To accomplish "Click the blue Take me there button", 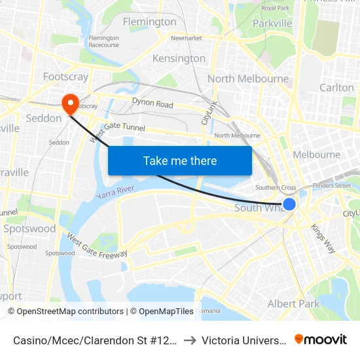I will (179, 160).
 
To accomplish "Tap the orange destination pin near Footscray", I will (69, 103).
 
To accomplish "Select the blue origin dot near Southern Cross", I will (289, 204).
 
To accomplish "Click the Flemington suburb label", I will (150, 22).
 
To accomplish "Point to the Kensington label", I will (179, 58).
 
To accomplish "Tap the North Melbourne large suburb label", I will (248, 79).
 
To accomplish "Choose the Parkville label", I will (272, 24).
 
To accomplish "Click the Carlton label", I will (336, 87).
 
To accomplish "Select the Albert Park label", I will (293, 304).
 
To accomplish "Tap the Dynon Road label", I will (153, 103).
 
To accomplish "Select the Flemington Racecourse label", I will (103, 41).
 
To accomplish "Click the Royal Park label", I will (276, 8).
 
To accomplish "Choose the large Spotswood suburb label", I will (29, 229).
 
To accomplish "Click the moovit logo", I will (321, 339).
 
